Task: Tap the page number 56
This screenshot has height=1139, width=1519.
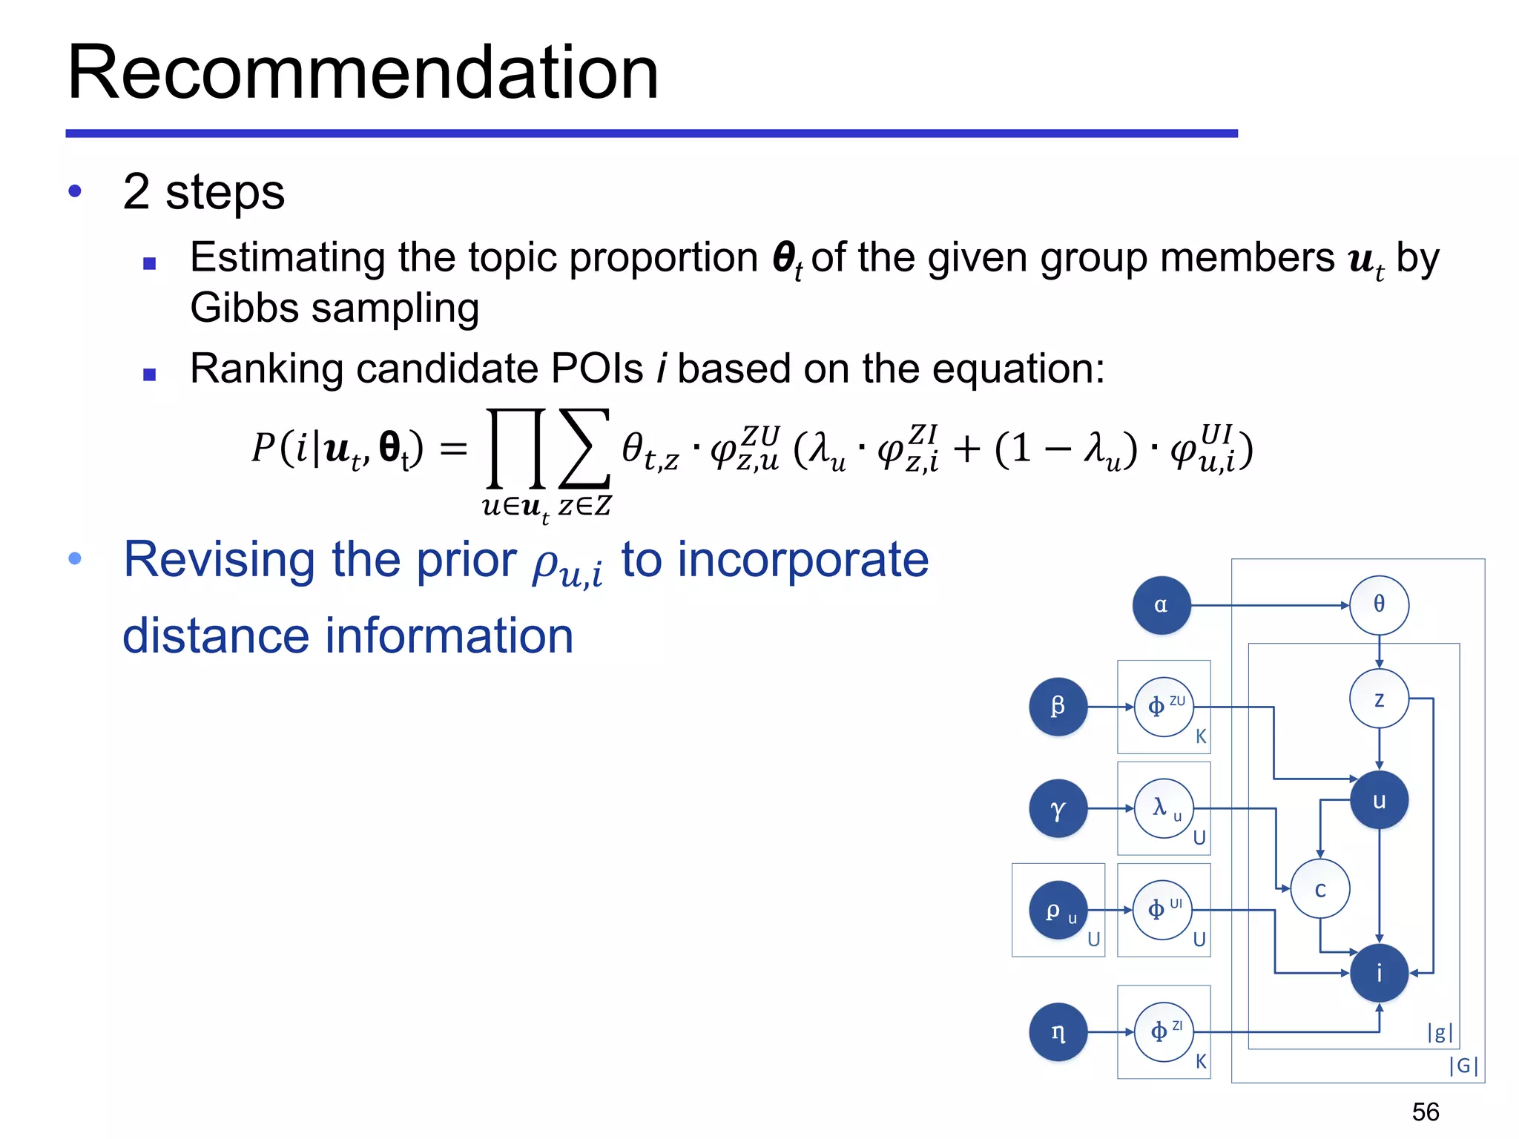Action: (1425, 1112)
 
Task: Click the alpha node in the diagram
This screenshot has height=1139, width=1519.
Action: (1161, 605)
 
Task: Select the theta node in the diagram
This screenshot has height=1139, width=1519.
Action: (1379, 605)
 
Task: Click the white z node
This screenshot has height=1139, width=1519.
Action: (1379, 699)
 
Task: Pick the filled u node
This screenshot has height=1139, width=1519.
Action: (1379, 800)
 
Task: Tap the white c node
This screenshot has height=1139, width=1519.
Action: (1319, 888)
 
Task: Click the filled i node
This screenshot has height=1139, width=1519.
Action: (1379, 973)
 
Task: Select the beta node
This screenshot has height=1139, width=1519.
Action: (1058, 706)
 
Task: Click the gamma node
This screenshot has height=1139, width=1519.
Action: (1058, 808)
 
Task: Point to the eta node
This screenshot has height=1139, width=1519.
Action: (1058, 1031)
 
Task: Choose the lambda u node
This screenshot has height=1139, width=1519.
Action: (1164, 808)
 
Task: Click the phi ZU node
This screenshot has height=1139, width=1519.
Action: (1164, 706)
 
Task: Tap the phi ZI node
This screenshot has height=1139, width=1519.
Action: (1164, 1031)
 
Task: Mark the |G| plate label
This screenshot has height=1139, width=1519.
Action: (1463, 1066)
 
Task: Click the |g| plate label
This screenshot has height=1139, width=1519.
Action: (1440, 1031)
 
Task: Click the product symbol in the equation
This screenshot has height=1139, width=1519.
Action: (516, 449)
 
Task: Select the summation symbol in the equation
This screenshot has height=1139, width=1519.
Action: (584, 449)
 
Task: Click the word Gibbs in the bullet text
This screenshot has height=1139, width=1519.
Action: (244, 308)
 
